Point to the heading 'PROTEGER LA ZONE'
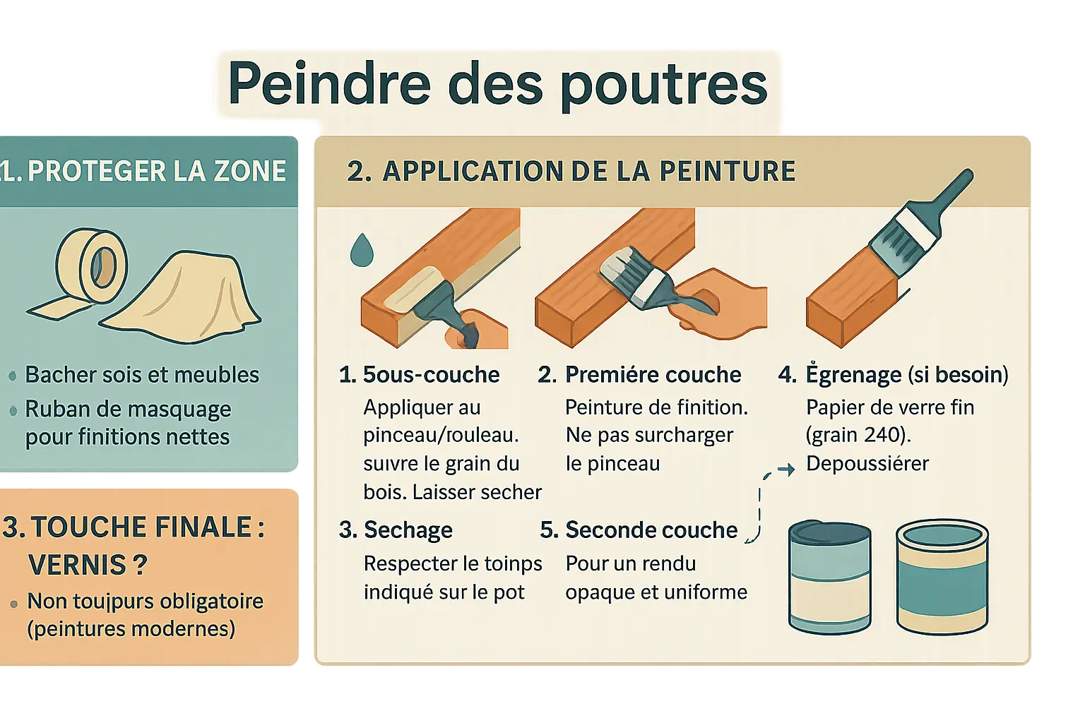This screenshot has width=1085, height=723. point(156,171)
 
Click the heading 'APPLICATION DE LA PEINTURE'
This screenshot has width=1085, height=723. point(589,171)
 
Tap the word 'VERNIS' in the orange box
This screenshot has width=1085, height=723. point(77,565)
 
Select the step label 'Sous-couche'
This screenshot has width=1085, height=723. point(431,374)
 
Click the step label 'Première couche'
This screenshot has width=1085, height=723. point(653,374)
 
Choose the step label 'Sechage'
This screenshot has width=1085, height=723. point(408,530)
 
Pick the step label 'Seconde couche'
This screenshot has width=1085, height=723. point(651,530)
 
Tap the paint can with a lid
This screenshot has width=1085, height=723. point(830,577)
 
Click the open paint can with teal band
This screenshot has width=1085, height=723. point(942,577)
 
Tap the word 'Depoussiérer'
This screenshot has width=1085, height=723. point(867,463)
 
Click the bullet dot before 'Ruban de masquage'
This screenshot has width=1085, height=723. point(13,411)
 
